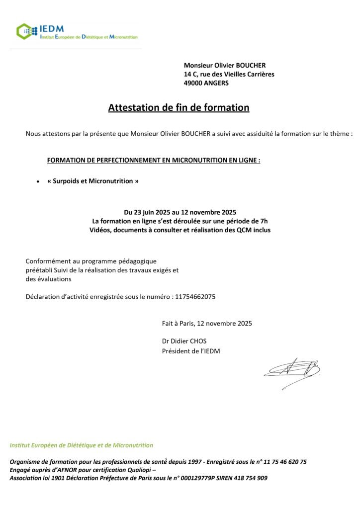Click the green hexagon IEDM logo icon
[24, 31]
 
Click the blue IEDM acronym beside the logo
[52, 29]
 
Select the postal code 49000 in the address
[193, 84]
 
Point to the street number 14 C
[190, 74]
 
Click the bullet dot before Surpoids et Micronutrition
[38, 182]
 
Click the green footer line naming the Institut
[82, 445]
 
